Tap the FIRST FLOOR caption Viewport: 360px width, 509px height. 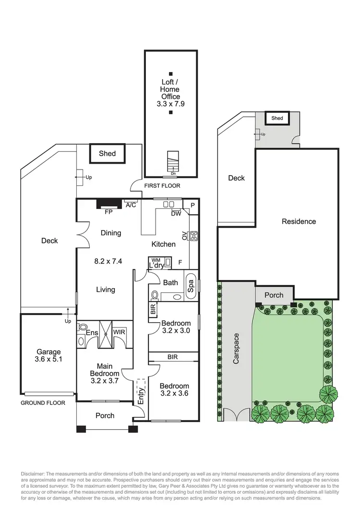click(x=162, y=185)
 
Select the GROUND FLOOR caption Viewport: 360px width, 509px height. click(x=43, y=403)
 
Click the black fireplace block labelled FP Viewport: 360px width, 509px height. click(x=108, y=204)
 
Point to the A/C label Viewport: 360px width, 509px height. click(x=131, y=206)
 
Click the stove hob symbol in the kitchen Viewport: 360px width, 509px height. click(x=194, y=236)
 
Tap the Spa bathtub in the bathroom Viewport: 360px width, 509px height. click(x=190, y=286)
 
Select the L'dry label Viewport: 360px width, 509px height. click(x=157, y=266)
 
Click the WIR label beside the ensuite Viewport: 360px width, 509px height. click(x=119, y=332)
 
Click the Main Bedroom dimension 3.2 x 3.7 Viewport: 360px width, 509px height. click(x=105, y=380)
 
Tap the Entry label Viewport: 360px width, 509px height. click(x=142, y=393)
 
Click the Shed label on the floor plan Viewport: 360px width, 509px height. click(x=107, y=154)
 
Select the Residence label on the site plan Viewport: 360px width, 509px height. click(x=299, y=221)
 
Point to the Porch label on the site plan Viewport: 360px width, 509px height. click(x=274, y=295)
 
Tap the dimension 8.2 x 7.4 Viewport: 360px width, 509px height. click(x=108, y=262)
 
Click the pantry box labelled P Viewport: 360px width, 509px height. click(x=192, y=205)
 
